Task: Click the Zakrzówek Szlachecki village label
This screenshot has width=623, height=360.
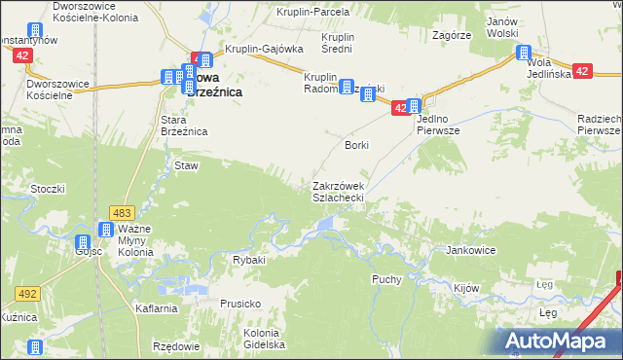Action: pyautogui.click(x=338, y=192)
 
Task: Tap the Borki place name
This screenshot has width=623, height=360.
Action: pyautogui.click(x=356, y=145)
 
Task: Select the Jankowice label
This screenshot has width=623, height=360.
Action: pyautogui.click(x=471, y=250)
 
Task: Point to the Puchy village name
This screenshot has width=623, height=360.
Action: pyautogui.click(x=386, y=279)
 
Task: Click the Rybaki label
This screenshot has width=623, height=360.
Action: pyautogui.click(x=248, y=261)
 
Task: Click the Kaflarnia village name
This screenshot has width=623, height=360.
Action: pyautogui.click(x=157, y=308)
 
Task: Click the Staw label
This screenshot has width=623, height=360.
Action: pyautogui.click(x=186, y=166)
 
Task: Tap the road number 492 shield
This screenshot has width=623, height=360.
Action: pyautogui.click(x=26, y=292)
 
